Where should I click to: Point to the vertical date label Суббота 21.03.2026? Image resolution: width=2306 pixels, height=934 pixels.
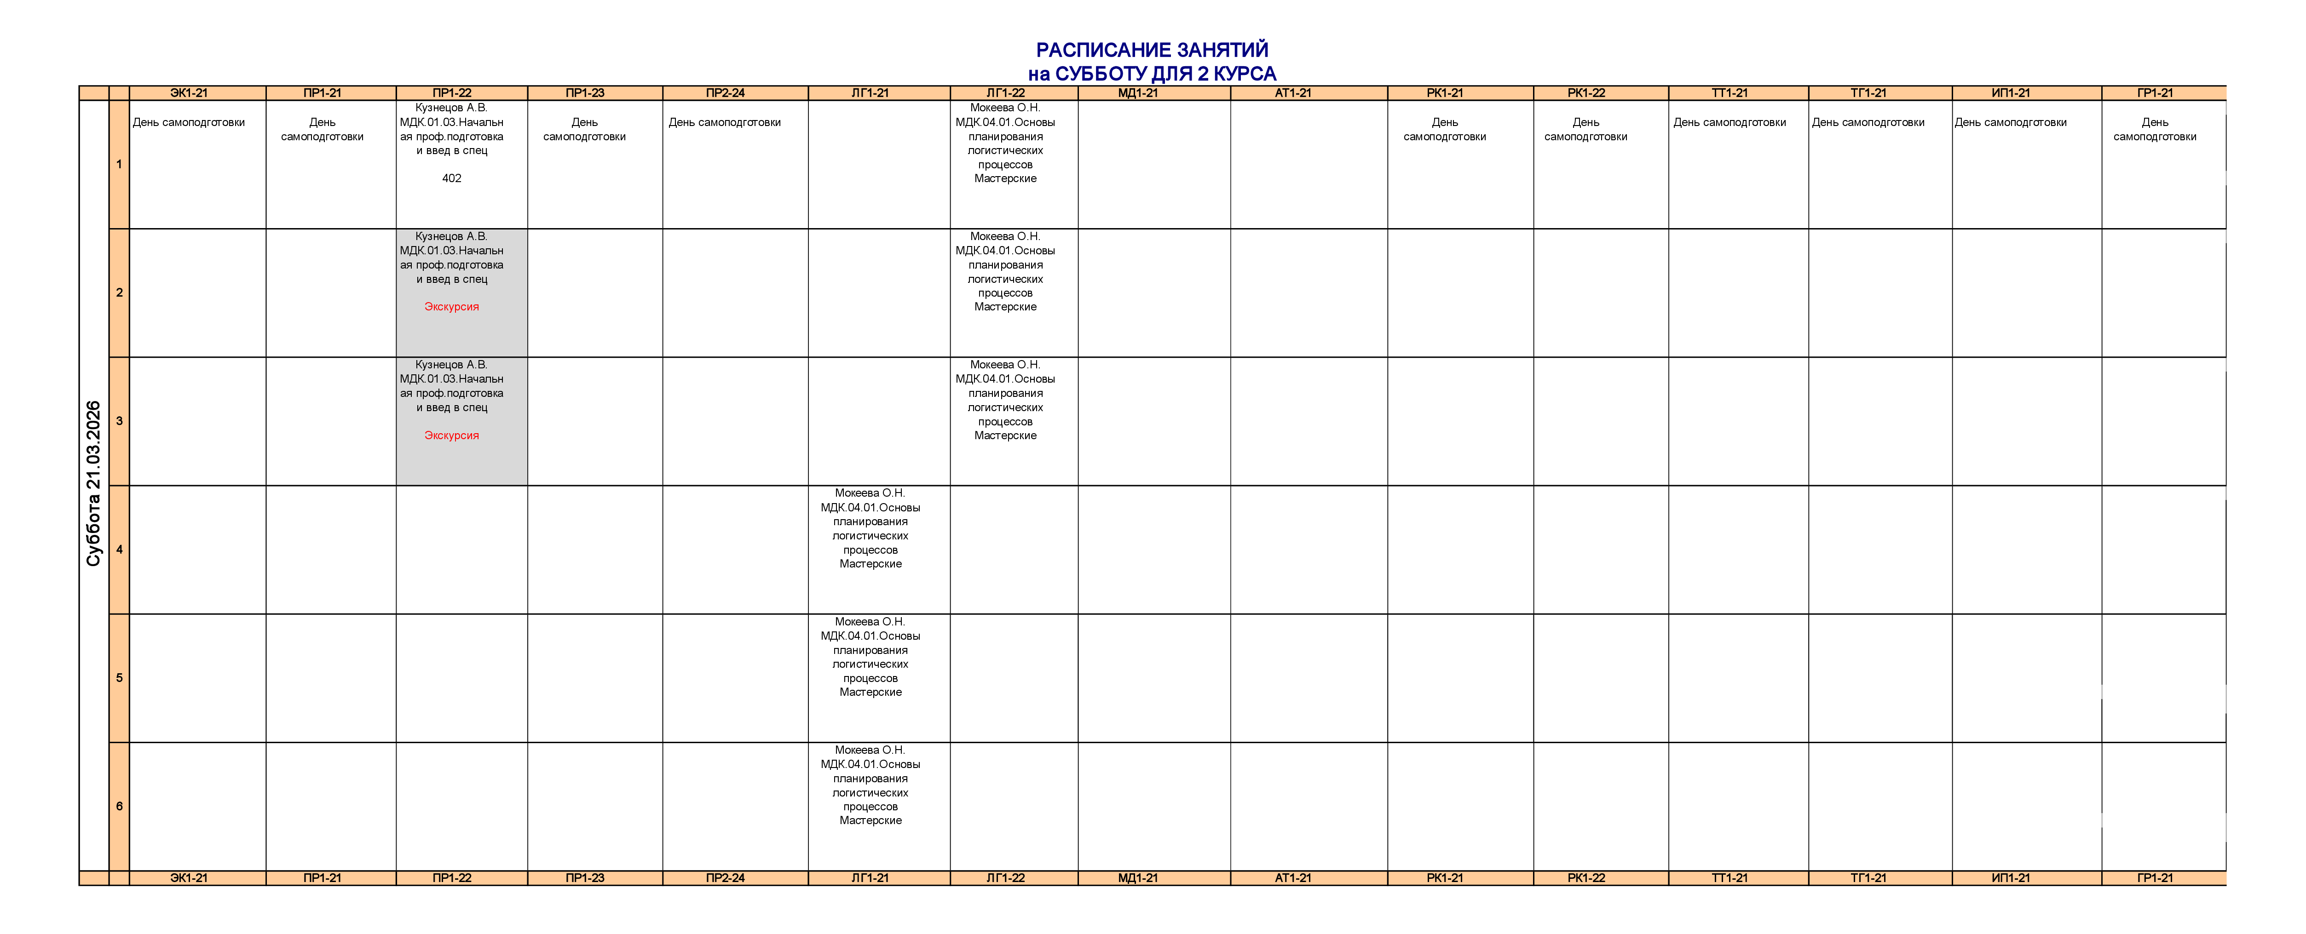point(93,483)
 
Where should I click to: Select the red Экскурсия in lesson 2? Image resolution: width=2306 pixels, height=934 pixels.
point(451,307)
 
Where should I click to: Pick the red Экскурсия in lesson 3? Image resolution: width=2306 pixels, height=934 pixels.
point(451,435)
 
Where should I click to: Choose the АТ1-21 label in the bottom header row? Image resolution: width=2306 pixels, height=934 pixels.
point(1293,877)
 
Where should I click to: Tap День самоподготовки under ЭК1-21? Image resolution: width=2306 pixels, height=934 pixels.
point(189,123)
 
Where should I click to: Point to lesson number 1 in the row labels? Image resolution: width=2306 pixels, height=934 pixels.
point(119,165)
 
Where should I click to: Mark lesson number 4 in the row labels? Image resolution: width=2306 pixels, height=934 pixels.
point(119,549)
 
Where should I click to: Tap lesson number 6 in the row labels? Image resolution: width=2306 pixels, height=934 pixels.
point(119,806)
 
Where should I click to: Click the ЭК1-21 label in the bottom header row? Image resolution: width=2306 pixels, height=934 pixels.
point(189,877)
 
